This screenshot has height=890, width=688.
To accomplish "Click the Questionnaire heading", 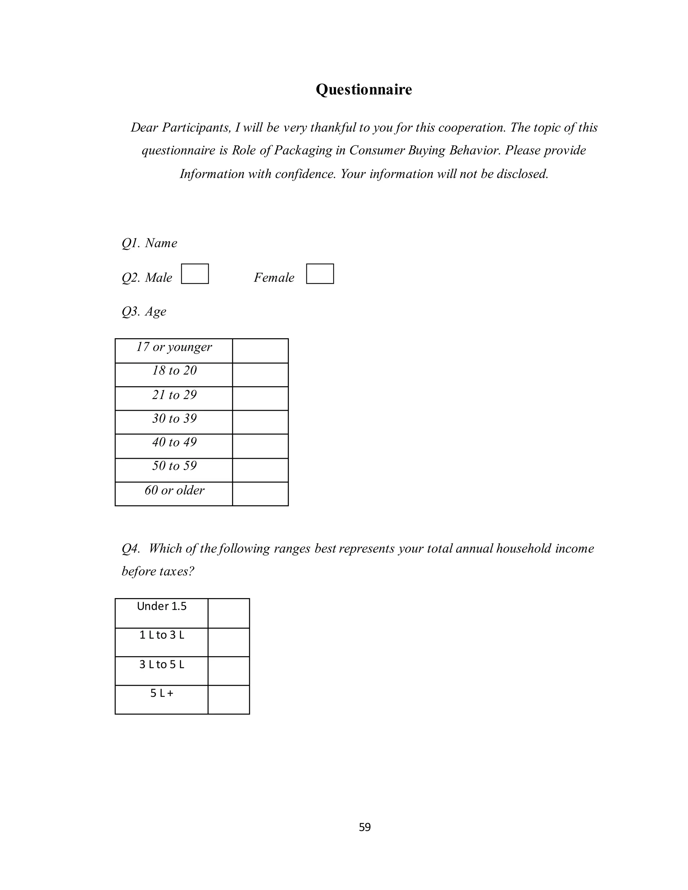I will click(x=363, y=90).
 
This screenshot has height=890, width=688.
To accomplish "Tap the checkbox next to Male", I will click(x=195, y=274).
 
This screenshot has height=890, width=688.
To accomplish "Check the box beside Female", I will click(x=320, y=274).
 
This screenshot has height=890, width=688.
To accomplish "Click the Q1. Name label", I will click(x=149, y=243).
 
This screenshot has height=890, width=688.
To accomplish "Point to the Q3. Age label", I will click(x=144, y=311).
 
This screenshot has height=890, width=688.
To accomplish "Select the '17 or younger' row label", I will click(x=174, y=347).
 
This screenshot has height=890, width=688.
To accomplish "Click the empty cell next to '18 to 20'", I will click(x=260, y=374).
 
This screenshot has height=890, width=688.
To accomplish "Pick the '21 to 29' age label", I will click(x=174, y=395).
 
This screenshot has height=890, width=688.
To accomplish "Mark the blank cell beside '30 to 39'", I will click(x=260, y=422).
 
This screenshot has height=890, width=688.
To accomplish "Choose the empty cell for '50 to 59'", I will click(x=260, y=470).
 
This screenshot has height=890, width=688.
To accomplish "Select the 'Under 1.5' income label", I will click(x=162, y=606).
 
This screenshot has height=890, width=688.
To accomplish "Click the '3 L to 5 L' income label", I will click(x=162, y=664).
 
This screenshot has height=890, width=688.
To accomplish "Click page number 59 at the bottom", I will click(x=365, y=827).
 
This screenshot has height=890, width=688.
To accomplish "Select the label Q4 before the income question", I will click(x=131, y=548).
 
